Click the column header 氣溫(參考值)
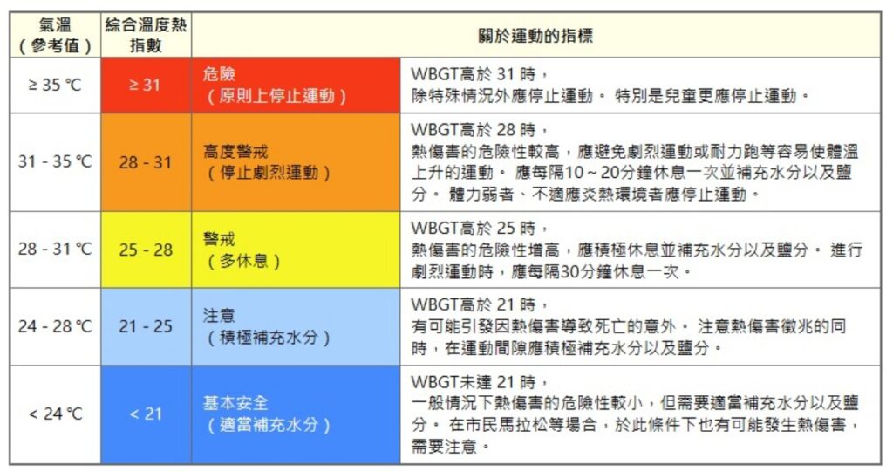tap(55, 36)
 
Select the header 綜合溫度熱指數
tap(146, 36)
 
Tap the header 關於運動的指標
tap(536, 36)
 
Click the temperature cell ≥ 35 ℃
tap(55, 85)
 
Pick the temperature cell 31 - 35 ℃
tap(55, 162)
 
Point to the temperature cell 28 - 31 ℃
tap(55, 250)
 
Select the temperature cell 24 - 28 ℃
tap(55, 326)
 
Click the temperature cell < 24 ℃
tap(55, 414)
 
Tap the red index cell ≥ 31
tap(145, 85)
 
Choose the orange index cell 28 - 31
tap(146, 162)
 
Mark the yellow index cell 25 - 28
tap(146, 250)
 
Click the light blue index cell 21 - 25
tap(146, 326)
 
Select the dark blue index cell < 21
tap(146, 414)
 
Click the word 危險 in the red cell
tap(219, 74)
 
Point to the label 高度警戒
tap(235, 151)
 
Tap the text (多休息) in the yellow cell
tap(243, 261)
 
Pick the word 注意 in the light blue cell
tap(219, 315)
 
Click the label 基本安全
tap(235, 402)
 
